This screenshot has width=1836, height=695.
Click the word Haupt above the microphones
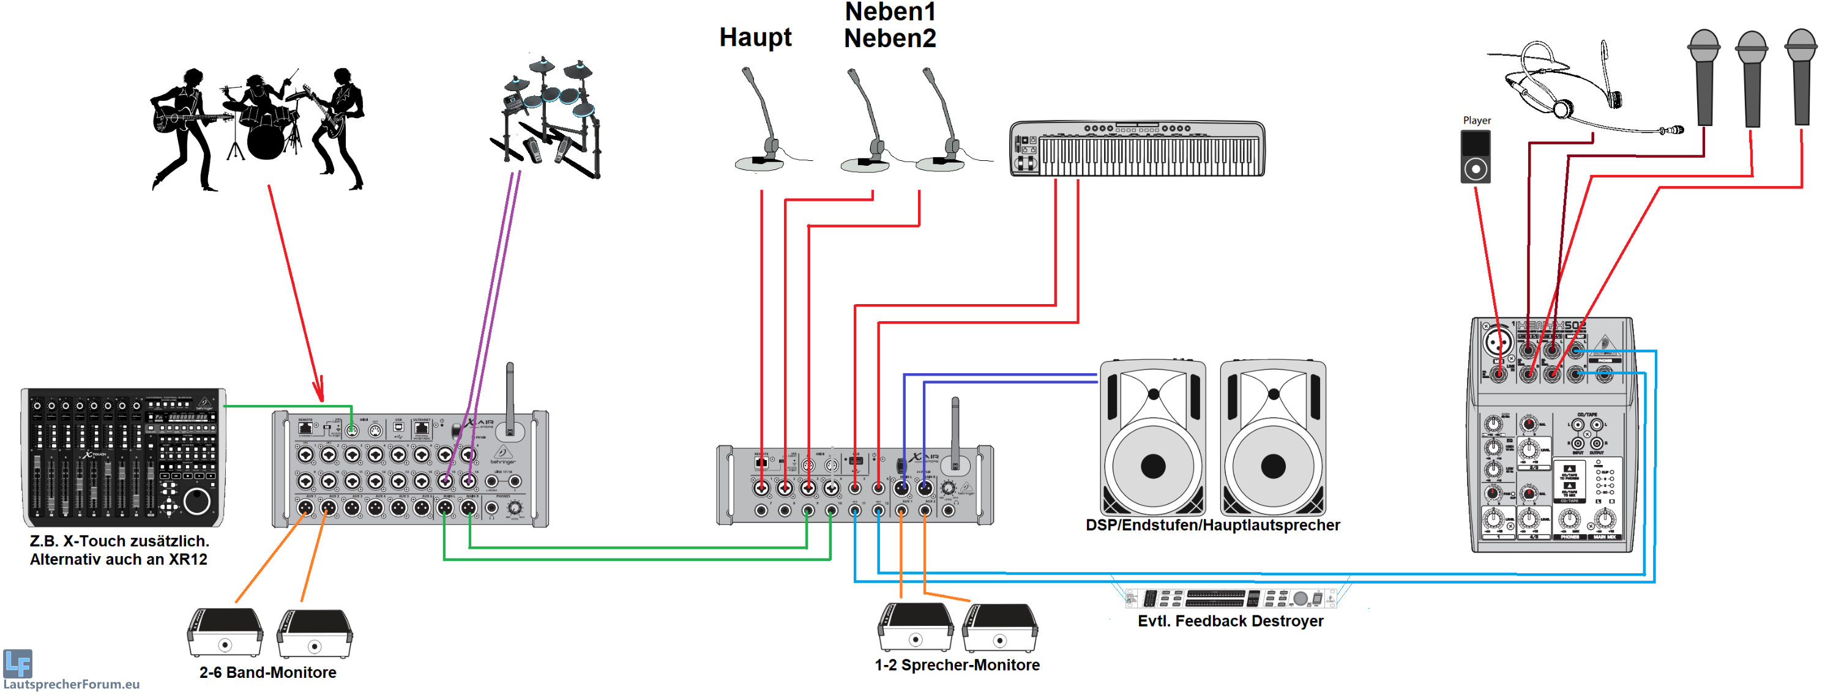755,37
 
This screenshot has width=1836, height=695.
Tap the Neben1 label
889,12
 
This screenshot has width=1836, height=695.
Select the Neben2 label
889,39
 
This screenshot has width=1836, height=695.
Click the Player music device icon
1475,156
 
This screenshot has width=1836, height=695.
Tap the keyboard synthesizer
1137,148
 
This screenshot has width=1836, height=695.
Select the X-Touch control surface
123,457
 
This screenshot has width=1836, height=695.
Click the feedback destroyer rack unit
1230,597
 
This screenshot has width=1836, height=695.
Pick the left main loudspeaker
1152,439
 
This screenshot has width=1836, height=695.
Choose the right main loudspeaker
1273,439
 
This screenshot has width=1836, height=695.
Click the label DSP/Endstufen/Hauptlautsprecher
1212,526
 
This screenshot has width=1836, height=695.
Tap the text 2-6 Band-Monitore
267,672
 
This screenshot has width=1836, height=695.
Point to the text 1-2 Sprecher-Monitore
957,665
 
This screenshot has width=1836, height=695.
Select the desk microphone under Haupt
763,121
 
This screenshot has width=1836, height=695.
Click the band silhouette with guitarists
257,128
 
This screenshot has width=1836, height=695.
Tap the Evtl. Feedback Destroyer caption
1230,621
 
